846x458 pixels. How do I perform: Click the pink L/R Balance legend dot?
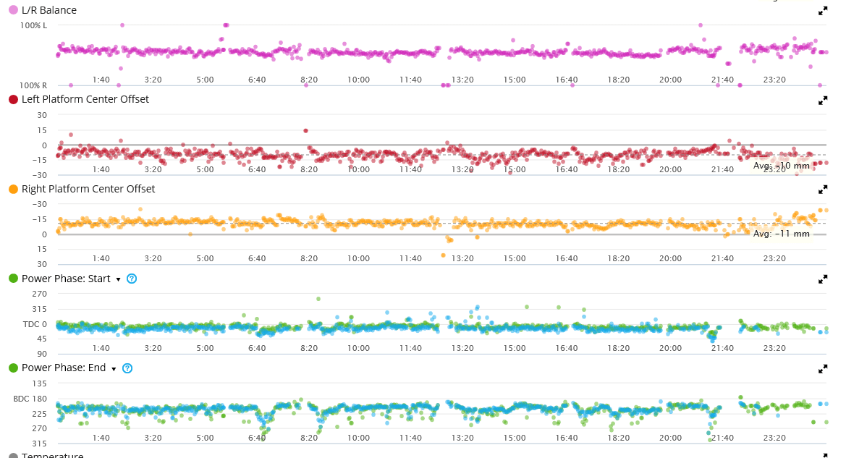pyautogui.click(x=13, y=10)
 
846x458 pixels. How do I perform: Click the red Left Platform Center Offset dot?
pyautogui.click(x=13, y=99)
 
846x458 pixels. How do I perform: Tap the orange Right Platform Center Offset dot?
pyautogui.click(x=13, y=189)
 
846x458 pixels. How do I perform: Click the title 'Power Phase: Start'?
pyautogui.click(x=66, y=279)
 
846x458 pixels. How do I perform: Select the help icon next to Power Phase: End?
pyautogui.click(x=127, y=368)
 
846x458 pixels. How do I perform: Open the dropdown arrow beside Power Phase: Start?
pyautogui.click(x=118, y=279)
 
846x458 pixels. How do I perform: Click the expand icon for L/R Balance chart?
pyautogui.click(x=823, y=11)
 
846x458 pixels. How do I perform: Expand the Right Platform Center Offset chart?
pyautogui.click(x=823, y=190)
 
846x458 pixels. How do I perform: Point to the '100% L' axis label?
pyautogui.click(x=33, y=25)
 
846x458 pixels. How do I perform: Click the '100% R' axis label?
pyautogui.click(x=33, y=85)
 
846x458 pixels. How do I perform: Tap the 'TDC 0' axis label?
pyautogui.click(x=34, y=324)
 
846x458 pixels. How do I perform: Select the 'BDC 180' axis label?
pyautogui.click(x=30, y=399)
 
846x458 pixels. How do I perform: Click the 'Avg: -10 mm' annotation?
pyautogui.click(x=781, y=166)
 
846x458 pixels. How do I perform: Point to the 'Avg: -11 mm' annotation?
pyautogui.click(x=781, y=234)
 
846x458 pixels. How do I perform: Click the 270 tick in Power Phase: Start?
pyautogui.click(x=40, y=294)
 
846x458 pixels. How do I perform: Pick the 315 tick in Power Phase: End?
pyautogui.click(x=40, y=444)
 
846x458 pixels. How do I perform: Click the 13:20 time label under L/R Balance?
pyautogui.click(x=462, y=80)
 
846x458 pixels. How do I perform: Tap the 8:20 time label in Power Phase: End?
pyautogui.click(x=309, y=438)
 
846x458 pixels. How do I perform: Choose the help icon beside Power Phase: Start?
pyautogui.click(x=132, y=279)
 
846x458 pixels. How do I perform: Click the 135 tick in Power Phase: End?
pyautogui.click(x=40, y=383)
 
